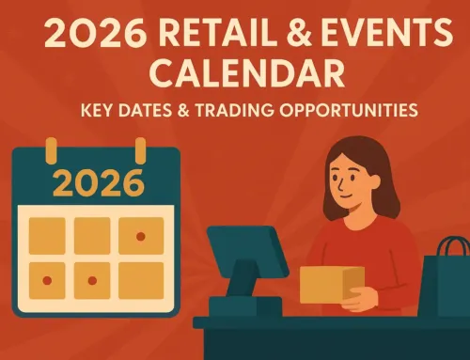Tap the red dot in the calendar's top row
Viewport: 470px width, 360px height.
pyautogui.click(x=140, y=236)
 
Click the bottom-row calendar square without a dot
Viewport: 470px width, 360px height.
pyautogui.click(x=140, y=279)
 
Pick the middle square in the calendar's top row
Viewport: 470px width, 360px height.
pyautogui.click(x=92, y=236)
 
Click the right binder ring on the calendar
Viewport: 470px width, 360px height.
pyautogui.click(x=139, y=149)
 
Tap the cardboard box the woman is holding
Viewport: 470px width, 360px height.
pyautogui.click(x=332, y=283)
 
